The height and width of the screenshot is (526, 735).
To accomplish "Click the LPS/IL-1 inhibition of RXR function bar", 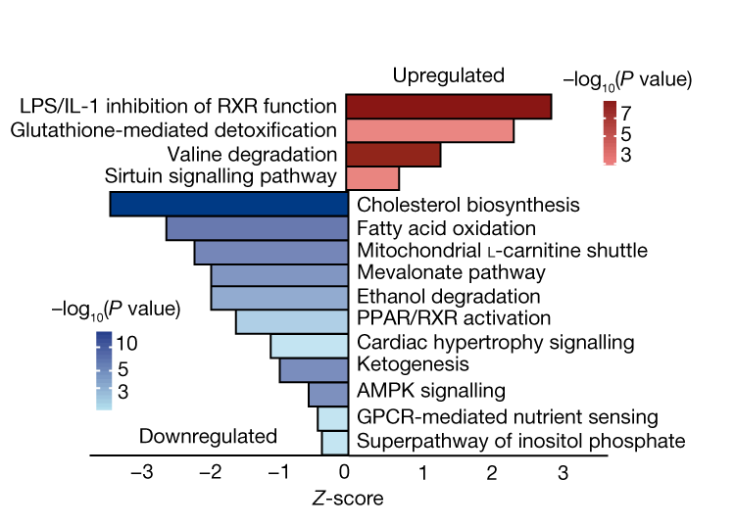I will point(449,106).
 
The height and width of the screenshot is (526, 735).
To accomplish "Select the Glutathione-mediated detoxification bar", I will point(430,130).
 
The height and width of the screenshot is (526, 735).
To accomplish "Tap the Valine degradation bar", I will point(393,155).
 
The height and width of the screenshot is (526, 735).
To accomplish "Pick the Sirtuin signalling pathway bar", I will point(372,178).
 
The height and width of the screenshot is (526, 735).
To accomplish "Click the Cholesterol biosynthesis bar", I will point(229,204).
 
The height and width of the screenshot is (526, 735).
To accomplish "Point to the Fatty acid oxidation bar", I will point(258,228).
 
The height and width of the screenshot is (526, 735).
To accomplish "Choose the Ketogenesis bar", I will point(314,369).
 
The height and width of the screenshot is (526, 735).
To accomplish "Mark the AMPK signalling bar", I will point(328,394).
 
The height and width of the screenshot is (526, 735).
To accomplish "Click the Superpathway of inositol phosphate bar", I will point(335,442).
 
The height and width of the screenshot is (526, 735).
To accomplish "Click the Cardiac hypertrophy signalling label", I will point(496,343).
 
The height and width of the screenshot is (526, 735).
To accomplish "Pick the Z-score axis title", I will point(348,499).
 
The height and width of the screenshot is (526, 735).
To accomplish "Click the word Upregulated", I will point(449,75).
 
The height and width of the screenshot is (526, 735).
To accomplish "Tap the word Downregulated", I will point(209,437).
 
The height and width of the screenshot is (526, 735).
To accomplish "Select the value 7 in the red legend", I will point(625,114).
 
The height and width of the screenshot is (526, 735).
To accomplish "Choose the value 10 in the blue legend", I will point(127,346).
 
